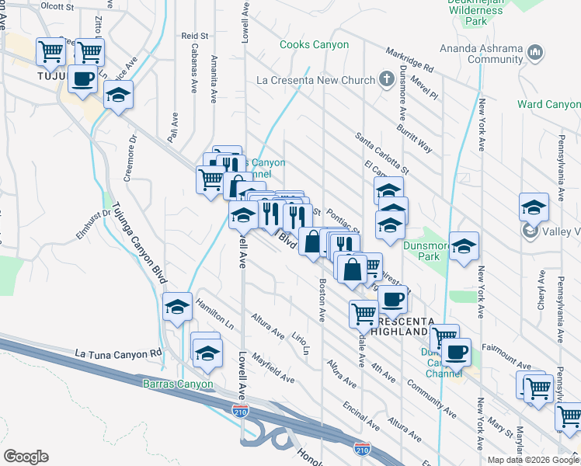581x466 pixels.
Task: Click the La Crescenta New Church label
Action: coord(316,80)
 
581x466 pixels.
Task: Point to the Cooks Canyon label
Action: coord(314,45)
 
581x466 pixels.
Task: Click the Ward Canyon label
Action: coord(548,104)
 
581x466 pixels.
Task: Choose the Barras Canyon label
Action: coord(177,384)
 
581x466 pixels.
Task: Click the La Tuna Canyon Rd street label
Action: coord(119,353)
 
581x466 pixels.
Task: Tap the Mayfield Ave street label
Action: coord(272,370)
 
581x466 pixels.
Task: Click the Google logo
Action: coord(26,457)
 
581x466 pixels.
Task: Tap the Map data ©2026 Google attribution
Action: coord(533,460)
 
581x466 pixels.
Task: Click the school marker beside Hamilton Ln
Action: coord(178,307)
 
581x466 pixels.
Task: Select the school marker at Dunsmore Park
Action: coord(464,246)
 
